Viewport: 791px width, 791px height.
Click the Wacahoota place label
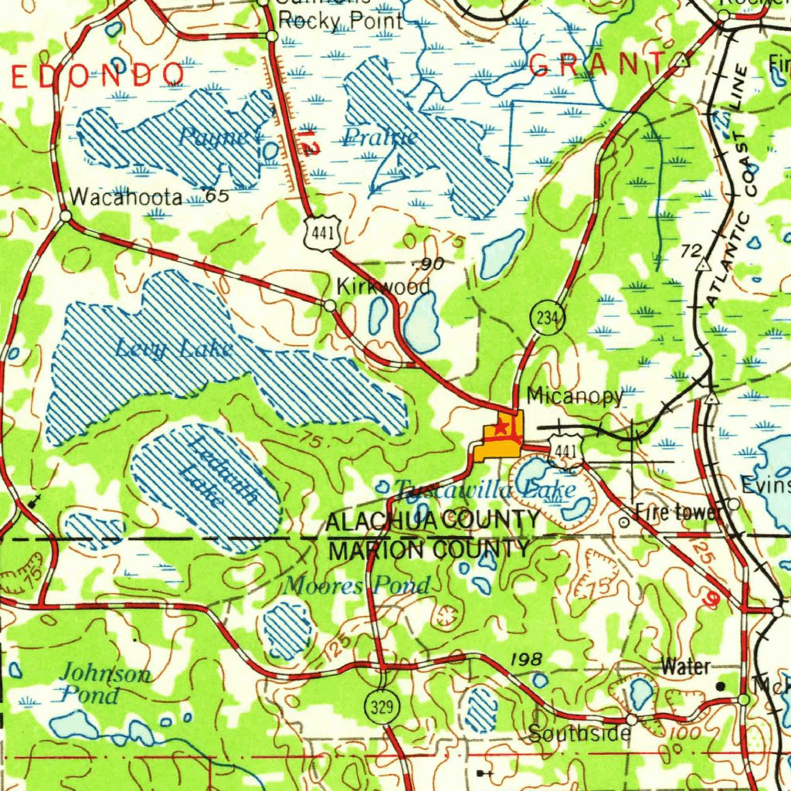[125, 198]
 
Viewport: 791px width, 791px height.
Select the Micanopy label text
[574, 396]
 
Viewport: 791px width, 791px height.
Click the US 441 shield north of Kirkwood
[319, 232]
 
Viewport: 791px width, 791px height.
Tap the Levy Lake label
[174, 349]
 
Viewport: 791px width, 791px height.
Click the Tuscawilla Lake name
[484, 490]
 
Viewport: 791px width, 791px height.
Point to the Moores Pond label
[356, 586]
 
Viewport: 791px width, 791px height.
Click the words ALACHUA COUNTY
[433, 521]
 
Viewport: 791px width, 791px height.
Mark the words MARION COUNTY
[429, 550]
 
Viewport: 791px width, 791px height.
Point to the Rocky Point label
[340, 21]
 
